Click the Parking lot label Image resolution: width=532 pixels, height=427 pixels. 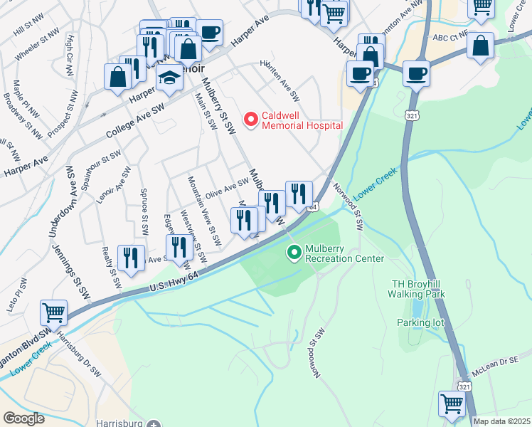pos(420,322)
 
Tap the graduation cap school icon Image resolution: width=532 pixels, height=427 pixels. pos(170,79)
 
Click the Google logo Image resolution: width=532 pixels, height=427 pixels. pos(23,418)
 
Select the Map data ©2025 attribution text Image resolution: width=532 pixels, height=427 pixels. pos(501,421)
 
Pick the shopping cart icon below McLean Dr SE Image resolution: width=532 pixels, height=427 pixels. pos(452,404)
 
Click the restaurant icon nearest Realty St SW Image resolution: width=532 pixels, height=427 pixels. pos(131,259)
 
